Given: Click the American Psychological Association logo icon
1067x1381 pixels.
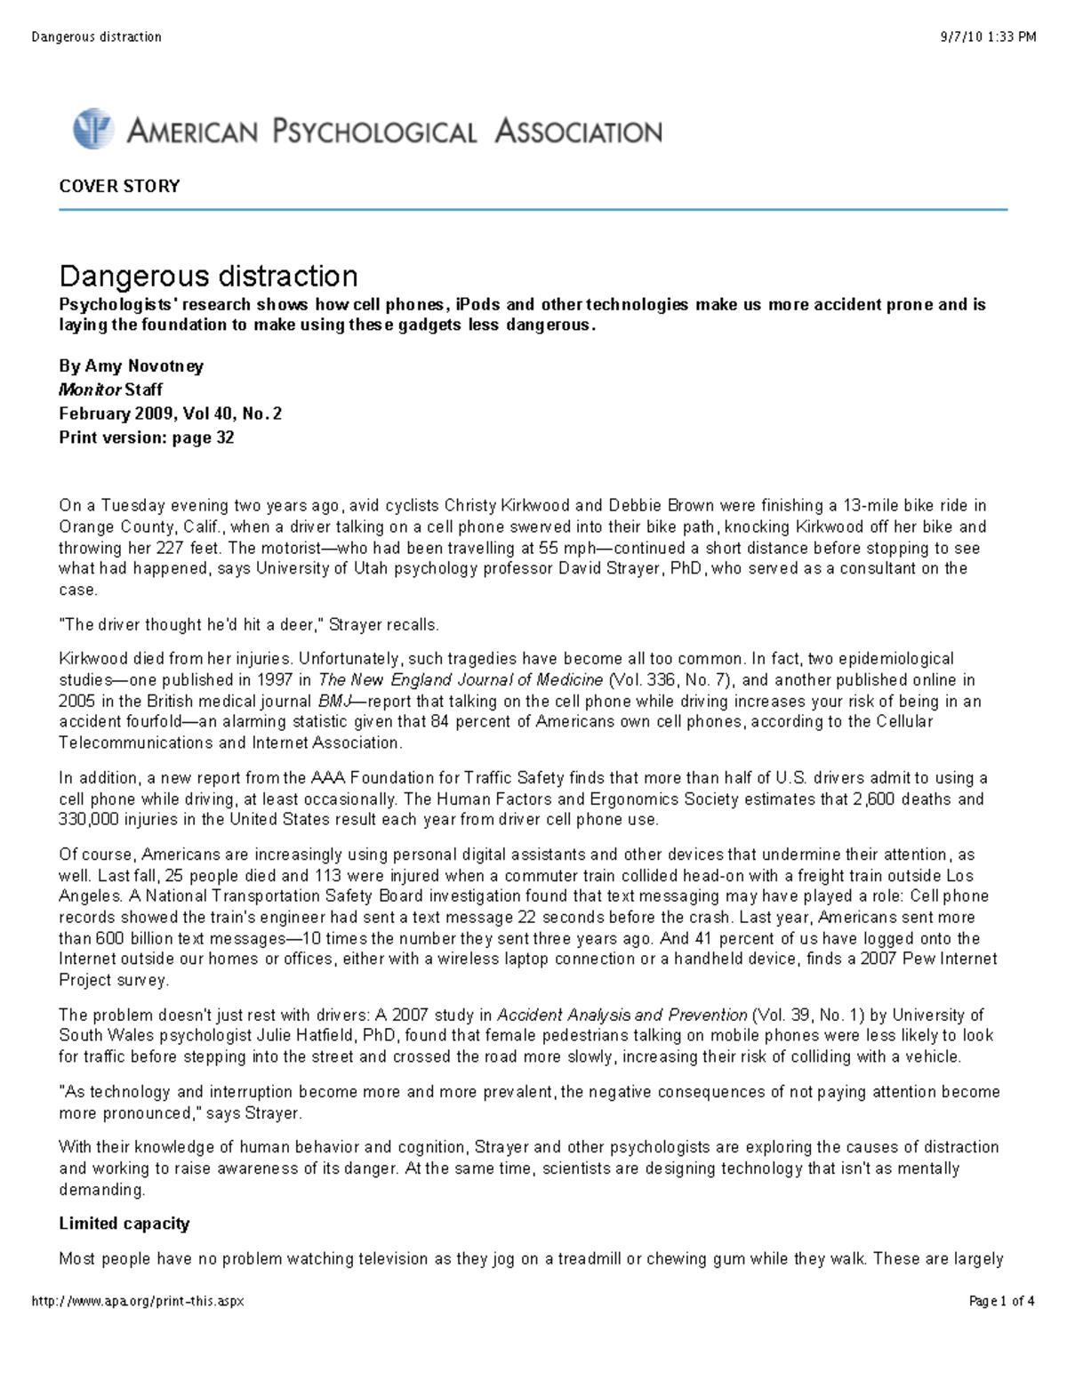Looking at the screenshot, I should (x=92, y=129).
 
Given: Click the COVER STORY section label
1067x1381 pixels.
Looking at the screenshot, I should (x=119, y=186).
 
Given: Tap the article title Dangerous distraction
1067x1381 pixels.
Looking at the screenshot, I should (x=208, y=276).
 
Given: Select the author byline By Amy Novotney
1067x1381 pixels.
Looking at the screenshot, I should (x=131, y=365).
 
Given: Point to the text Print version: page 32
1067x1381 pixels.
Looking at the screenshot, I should (x=146, y=438).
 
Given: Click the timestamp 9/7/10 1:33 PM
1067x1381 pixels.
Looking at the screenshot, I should (x=988, y=36).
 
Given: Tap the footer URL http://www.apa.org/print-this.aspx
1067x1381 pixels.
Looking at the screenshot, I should (x=138, y=1301).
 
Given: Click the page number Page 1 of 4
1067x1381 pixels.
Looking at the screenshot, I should (x=1001, y=1301).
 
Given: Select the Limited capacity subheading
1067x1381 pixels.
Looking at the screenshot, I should (x=124, y=1224).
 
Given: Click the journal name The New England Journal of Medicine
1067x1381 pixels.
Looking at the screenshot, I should (x=461, y=680).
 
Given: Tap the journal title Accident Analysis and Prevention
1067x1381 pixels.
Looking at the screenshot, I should (x=622, y=1015).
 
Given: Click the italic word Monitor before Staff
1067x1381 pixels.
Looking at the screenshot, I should (x=90, y=389).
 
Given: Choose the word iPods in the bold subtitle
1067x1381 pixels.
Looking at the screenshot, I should (x=477, y=304).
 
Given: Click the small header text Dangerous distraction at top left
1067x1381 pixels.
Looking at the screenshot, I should (x=96, y=36).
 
